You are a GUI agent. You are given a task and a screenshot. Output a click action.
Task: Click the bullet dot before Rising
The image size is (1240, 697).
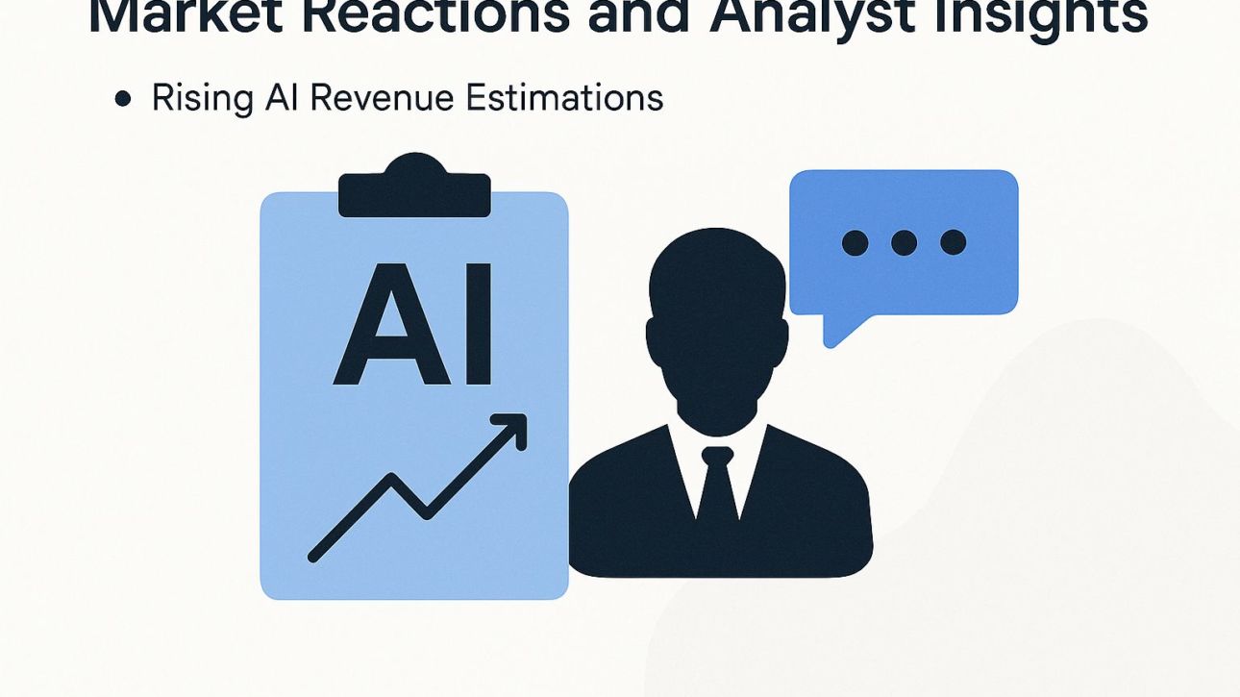click(122, 98)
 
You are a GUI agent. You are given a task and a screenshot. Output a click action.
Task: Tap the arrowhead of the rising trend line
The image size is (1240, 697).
click(514, 429)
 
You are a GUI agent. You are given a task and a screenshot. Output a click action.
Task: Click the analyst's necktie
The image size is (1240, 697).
click(717, 490)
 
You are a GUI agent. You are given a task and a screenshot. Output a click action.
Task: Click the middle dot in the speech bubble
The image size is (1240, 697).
click(904, 242)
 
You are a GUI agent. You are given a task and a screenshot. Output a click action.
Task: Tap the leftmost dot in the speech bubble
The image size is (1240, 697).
click(855, 242)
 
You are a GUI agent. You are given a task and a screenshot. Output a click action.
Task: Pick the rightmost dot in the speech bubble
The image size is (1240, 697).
click(953, 242)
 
